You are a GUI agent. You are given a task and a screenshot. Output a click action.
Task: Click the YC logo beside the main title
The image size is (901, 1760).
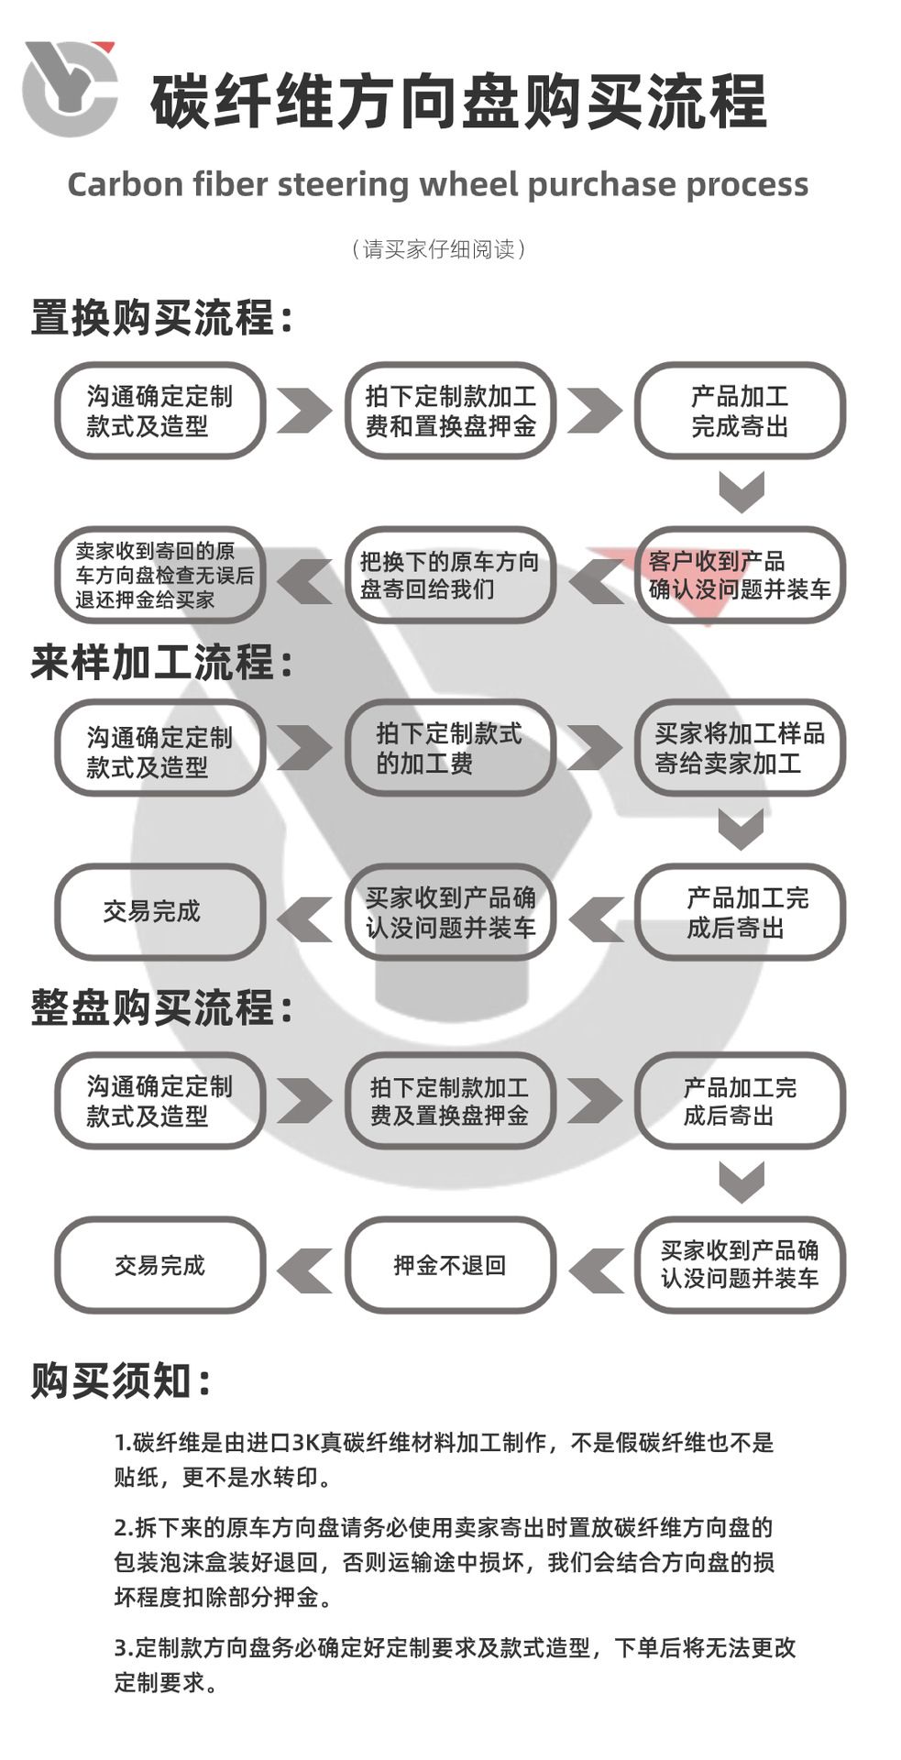70,88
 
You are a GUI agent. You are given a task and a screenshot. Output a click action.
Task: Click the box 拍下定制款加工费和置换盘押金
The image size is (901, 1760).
450,411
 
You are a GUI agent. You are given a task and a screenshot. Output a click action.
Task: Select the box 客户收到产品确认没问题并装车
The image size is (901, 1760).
740,576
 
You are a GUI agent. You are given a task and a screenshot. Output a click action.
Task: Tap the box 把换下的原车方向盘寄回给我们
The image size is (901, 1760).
450,576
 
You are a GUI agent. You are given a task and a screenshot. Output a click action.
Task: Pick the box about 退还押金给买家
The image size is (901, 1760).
160,576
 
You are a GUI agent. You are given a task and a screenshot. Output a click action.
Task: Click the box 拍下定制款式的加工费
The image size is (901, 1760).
450,748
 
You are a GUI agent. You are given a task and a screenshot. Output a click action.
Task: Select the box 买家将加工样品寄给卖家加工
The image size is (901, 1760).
740,748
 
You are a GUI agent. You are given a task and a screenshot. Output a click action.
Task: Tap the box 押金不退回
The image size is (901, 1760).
450,1266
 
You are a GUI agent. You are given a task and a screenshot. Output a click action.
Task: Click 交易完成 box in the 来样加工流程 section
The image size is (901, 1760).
160,912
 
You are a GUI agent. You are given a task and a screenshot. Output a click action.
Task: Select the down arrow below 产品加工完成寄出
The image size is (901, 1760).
741,491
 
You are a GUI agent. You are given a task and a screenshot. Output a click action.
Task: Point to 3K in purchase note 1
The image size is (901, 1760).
305,1443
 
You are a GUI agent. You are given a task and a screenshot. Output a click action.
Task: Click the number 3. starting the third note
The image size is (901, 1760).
124,1648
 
